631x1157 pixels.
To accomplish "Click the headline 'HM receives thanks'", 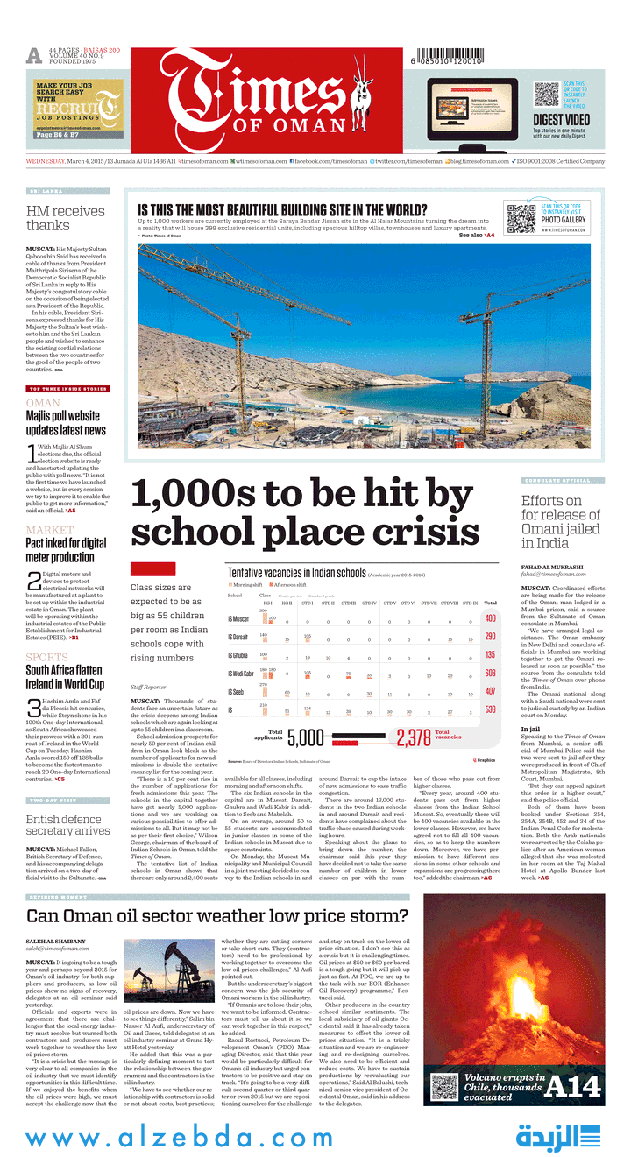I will pos(66,218).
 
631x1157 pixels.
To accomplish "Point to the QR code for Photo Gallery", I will pos(521,216).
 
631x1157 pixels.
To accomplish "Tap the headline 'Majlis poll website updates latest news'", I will pos(66,424).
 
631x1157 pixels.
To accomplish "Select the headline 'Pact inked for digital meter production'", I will pos(66,550).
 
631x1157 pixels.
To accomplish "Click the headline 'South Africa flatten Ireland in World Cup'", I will pos(66,677).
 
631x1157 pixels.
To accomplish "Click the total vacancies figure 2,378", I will pos(413,737).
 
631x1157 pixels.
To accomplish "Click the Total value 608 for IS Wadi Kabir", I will pos(490,674).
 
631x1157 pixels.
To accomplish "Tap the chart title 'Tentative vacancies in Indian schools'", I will pos(296,572).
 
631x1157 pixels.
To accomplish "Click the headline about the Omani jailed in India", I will pos(561,522).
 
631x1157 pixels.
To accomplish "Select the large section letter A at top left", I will pos(34,57).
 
